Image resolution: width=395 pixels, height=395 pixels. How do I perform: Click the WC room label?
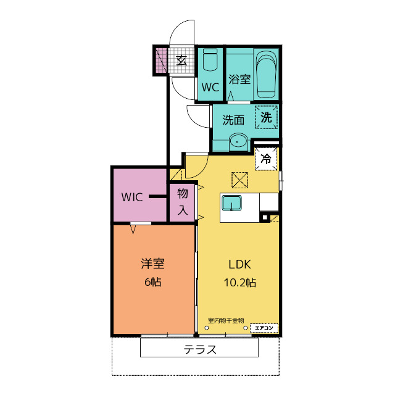pyautogui.click(x=210, y=87)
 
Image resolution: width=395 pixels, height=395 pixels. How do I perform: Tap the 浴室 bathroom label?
pyautogui.click(x=239, y=79)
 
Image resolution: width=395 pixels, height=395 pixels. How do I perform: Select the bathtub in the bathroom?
pyautogui.click(x=266, y=74)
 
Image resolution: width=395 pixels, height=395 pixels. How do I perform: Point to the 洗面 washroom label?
pyautogui.click(x=234, y=120)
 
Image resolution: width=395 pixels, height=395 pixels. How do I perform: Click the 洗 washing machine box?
pyautogui.click(x=266, y=117)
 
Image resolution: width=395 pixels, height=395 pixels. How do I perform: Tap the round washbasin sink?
pyautogui.click(x=238, y=142)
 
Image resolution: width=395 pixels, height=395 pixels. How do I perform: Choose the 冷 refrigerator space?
pyautogui.click(x=266, y=159)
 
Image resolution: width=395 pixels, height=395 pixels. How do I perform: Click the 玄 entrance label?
pyautogui.click(x=181, y=60)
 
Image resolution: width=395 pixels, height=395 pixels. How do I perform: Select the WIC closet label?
pyautogui.click(x=132, y=197)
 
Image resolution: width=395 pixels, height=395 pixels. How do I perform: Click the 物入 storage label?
pyautogui.click(x=183, y=202)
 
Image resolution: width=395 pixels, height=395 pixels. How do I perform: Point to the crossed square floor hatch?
pyautogui.click(x=239, y=180)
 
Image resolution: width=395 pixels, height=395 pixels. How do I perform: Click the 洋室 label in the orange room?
pyautogui.click(x=152, y=264)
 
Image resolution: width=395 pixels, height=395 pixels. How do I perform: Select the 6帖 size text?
pyautogui.click(x=152, y=282)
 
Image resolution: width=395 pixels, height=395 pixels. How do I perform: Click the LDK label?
pyautogui.click(x=239, y=265)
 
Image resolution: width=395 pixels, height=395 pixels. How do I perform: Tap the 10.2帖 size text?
pyautogui.click(x=239, y=283)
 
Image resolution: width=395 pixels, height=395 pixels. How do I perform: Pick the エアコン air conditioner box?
pyautogui.click(x=264, y=327)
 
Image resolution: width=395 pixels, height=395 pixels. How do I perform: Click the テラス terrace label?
pyautogui.click(x=200, y=349)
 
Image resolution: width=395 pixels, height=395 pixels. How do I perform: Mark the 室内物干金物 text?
pyautogui.click(x=225, y=320)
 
